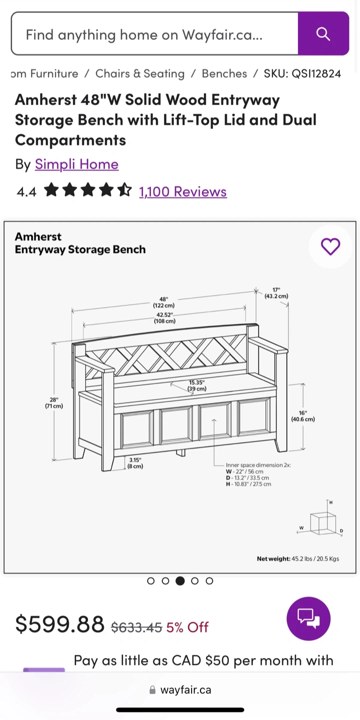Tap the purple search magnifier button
323,33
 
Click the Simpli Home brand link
77,164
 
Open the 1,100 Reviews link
183,191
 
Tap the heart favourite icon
330,246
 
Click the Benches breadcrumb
224,73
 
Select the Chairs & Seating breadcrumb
140,73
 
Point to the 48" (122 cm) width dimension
164,302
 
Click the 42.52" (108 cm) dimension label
164,317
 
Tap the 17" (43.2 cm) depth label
276,293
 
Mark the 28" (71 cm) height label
54,402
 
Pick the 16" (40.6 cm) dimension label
303,415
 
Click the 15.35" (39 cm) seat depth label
196,385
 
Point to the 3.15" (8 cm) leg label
135,463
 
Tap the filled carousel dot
180,581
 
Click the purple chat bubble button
308,619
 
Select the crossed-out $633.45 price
136,627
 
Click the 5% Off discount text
187,627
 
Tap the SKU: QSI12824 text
302,73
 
